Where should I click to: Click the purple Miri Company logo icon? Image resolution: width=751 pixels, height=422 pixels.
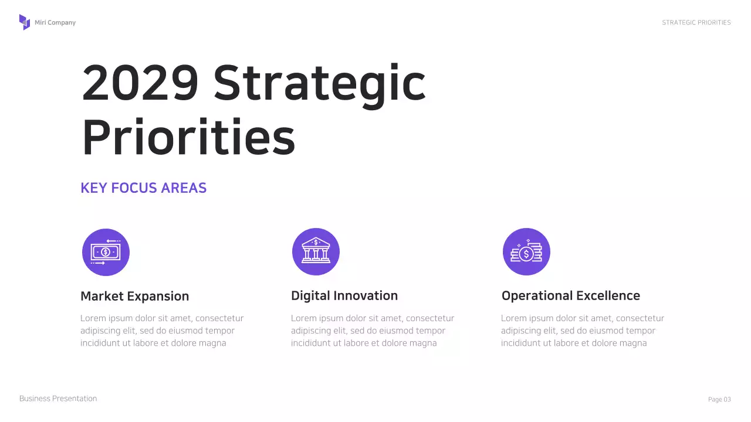(x=24, y=22)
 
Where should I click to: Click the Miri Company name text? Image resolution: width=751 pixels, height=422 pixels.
(x=55, y=23)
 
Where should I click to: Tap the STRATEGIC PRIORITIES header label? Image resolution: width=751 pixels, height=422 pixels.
(x=696, y=23)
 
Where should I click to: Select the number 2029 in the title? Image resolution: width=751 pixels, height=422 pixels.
(x=140, y=83)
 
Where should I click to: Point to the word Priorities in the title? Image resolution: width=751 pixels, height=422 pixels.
(x=188, y=137)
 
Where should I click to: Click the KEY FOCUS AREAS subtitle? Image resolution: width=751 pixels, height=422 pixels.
(x=143, y=188)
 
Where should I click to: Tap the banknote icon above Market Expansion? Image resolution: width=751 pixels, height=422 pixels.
(x=106, y=252)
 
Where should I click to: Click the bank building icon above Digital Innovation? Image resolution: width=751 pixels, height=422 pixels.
(x=316, y=251)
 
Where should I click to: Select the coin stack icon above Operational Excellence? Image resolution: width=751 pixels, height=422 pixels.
(x=526, y=251)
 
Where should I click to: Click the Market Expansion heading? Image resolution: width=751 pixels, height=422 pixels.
(x=134, y=296)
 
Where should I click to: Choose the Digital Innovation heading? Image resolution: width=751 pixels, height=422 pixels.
(x=344, y=296)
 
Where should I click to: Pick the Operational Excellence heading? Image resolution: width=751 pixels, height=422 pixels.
(x=570, y=296)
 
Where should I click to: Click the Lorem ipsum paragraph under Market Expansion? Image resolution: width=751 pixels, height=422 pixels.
(x=161, y=331)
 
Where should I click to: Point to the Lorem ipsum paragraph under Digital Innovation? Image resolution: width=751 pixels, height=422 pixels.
(x=372, y=331)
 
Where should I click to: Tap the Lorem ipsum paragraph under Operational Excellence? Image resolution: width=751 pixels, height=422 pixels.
(x=582, y=331)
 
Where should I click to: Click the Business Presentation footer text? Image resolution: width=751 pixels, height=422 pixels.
(x=58, y=399)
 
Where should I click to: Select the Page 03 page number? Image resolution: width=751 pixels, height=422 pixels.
(x=719, y=400)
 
